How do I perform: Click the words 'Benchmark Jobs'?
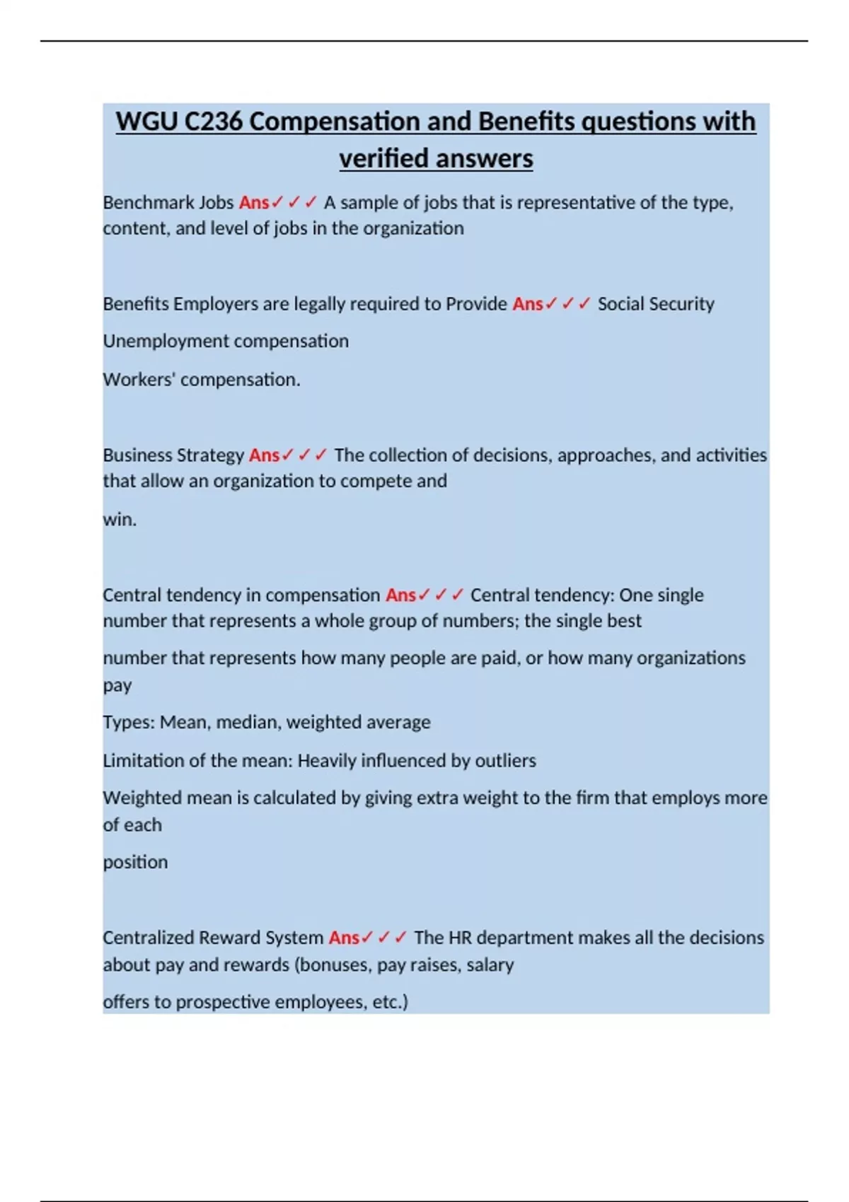168,203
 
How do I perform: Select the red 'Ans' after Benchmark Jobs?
254,203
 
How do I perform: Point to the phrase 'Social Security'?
656,304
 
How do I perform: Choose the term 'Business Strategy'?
173,455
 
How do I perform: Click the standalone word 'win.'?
120,520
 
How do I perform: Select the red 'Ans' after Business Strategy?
265,455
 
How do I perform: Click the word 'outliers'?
505,761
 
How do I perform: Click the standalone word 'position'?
135,863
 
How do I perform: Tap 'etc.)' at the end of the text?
391,1003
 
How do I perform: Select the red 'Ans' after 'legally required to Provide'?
528,304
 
